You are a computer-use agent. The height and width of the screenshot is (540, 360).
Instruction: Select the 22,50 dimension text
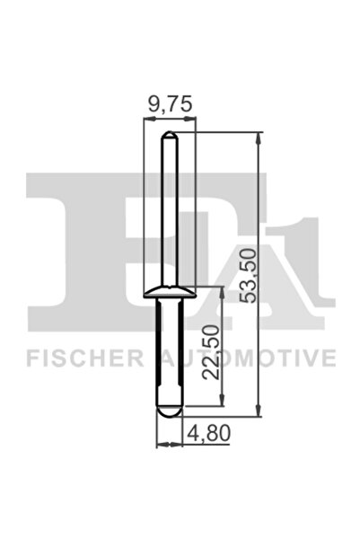coord(208,352)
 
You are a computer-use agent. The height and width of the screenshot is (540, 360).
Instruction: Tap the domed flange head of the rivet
coord(168,292)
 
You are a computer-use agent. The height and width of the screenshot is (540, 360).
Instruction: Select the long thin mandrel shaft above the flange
coord(168,216)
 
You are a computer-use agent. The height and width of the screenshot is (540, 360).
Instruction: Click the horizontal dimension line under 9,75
coord(168,119)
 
